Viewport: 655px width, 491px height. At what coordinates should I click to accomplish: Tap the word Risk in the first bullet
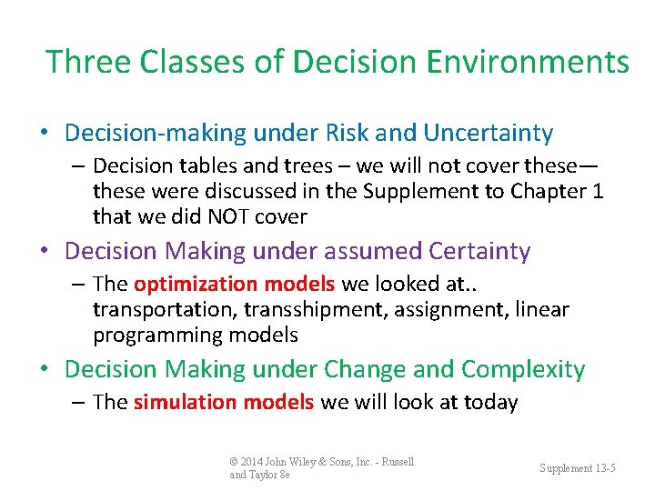click(347, 134)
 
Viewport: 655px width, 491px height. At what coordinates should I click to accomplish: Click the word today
click(492, 402)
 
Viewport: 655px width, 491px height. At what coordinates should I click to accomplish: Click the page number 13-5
click(602, 467)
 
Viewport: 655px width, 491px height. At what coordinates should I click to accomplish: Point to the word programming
click(146, 335)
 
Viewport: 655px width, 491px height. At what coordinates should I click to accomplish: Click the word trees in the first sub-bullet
click(264, 165)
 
